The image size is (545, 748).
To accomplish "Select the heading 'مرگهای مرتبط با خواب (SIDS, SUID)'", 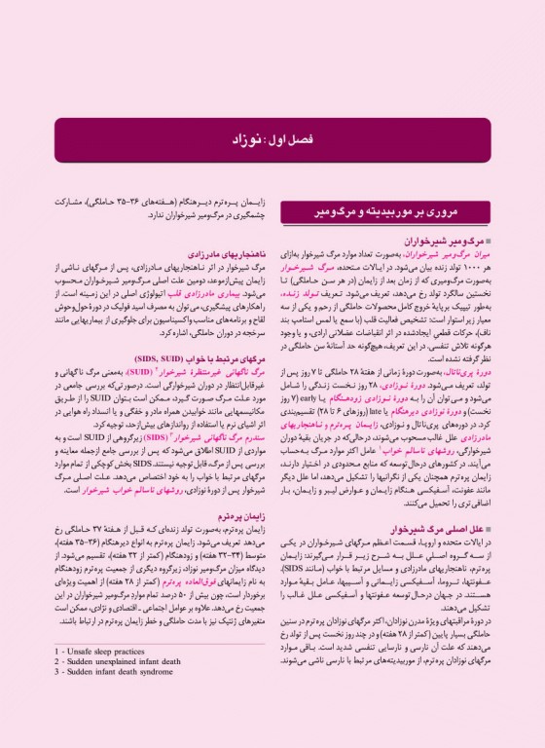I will [200, 359].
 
